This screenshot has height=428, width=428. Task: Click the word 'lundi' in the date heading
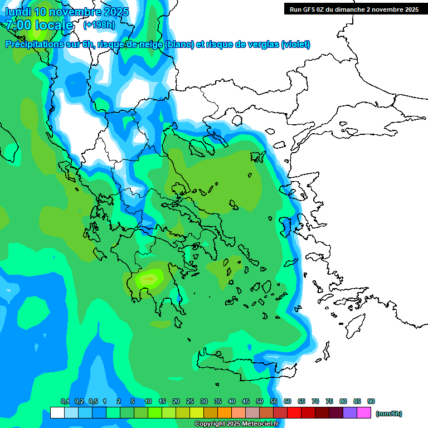click(18, 12)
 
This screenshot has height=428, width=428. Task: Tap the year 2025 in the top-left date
click(115, 12)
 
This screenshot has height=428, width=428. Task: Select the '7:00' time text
click(18, 25)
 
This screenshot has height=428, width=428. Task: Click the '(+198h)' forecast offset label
click(99, 25)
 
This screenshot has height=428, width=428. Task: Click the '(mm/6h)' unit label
click(388, 414)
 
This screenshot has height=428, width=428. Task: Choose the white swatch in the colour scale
click(57, 413)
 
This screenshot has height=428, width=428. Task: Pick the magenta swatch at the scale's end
click(364, 413)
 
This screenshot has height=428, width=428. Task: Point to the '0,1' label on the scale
click(65, 402)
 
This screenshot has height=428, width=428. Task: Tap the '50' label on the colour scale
click(260, 402)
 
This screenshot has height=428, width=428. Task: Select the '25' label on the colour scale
click(190, 402)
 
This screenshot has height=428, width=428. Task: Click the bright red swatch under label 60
click(294, 413)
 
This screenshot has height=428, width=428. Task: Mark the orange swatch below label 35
click(225, 413)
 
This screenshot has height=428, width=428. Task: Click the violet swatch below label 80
click(351, 413)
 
